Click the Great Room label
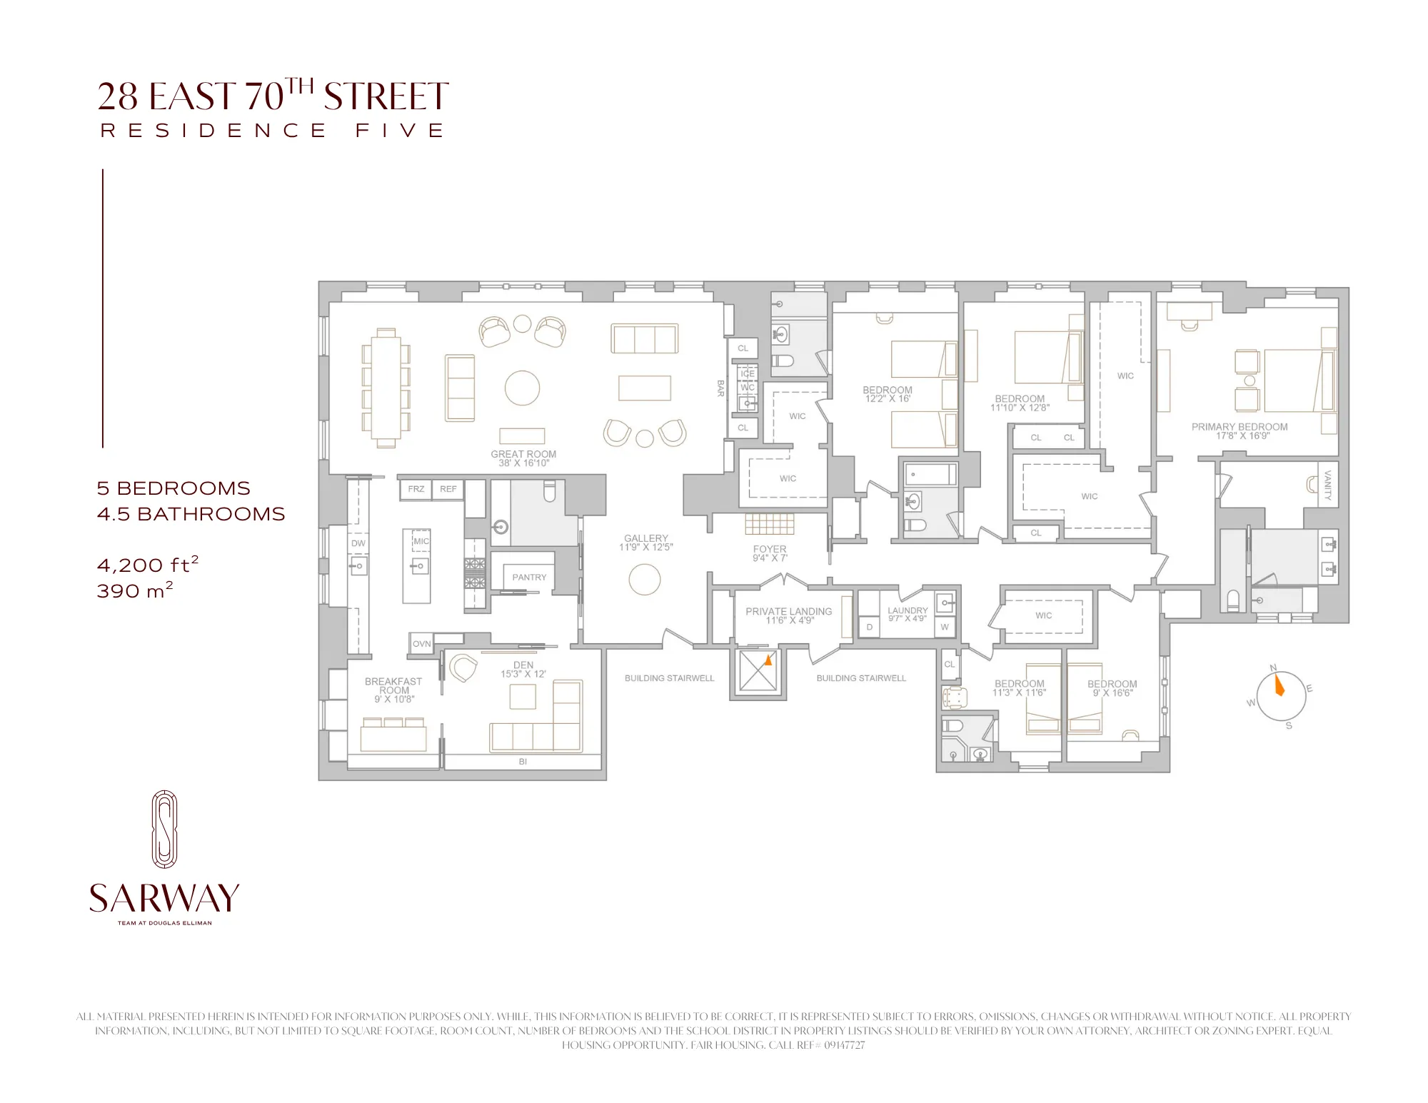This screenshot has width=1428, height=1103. pos(523,455)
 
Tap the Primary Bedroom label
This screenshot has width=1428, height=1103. pos(1239,428)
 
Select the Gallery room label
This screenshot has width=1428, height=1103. pos(645,539)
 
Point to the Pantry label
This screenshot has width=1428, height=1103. pos(529,578)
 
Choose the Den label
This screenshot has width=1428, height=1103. pos(523,665)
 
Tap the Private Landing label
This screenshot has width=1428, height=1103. pos(788,612)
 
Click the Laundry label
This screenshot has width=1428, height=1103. pos(907,611)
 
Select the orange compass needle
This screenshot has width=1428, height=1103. pos(1278,686)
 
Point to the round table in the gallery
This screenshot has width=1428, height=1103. pos(645,579)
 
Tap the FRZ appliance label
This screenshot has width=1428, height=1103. pos(416,489)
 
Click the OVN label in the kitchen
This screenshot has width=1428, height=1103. pos(421,644)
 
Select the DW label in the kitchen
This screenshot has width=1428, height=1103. pos(358,543)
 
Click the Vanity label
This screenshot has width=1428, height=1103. pos(1328,485)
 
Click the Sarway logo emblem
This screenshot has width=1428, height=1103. pos(164,829)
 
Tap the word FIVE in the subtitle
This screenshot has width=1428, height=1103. pos(400,131)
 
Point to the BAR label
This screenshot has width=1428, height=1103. pos(720,388)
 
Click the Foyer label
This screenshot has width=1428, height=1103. pos(770,550)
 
